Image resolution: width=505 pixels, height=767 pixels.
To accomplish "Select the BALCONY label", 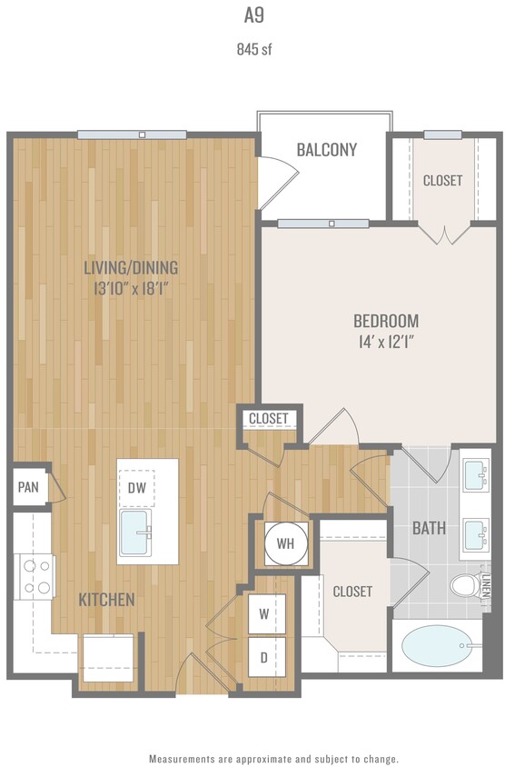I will [326, 150].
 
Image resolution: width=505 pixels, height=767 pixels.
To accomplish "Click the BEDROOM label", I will [385, 321].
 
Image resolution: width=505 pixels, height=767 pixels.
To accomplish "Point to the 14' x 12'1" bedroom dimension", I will [385, 344].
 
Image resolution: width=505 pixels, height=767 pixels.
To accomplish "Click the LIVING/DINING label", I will [131, 267].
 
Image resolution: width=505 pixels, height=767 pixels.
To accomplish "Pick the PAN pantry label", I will [28, 487].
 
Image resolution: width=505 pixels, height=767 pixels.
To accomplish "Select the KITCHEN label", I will [106, 600].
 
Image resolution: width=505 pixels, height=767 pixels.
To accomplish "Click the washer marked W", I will [264, 613].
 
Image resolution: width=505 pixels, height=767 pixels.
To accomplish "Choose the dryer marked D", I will [264, 655].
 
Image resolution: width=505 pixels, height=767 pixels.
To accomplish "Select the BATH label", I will [428, 527].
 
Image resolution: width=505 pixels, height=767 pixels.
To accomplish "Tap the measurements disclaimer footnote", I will [273, 758].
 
